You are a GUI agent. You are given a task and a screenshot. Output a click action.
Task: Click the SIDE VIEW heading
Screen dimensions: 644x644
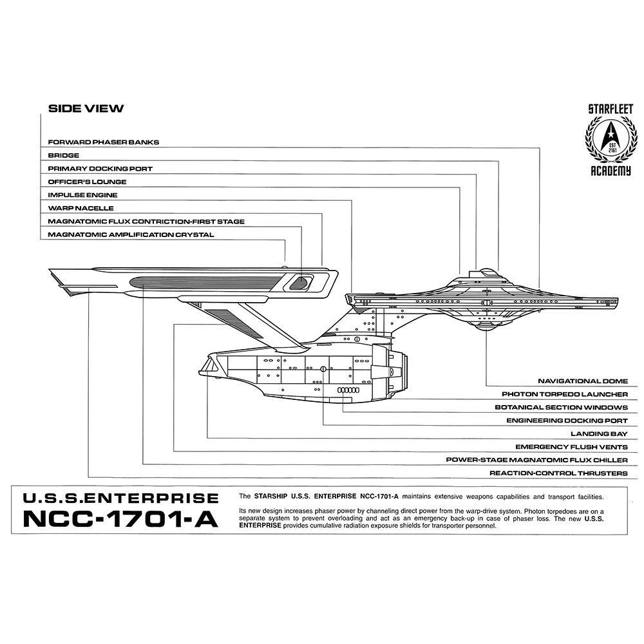tap(86, 109)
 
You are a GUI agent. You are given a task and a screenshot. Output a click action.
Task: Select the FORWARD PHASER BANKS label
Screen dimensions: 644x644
tap(103, 142)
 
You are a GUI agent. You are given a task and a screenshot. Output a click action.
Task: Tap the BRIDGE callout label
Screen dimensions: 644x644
tap(63, 155)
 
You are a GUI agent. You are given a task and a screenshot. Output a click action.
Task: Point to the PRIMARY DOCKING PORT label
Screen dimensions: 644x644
tap(100, 169)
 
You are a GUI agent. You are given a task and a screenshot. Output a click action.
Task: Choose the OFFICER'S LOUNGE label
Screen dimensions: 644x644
tap(87, 182)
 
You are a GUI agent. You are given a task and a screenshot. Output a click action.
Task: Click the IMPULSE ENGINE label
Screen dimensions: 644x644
tap(82, 195)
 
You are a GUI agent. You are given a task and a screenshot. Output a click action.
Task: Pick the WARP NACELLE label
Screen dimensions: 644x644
tap(80, 209)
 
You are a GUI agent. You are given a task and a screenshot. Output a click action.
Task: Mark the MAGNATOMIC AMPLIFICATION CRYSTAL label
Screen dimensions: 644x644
tap(131, 235)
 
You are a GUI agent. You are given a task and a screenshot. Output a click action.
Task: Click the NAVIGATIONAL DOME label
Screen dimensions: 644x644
tap(583, 381)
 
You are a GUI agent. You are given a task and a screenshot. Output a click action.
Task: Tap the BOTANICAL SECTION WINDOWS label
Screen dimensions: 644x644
tap(561, 408)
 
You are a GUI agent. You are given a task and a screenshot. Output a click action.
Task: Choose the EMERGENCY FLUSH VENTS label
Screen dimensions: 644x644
tap(571, 447)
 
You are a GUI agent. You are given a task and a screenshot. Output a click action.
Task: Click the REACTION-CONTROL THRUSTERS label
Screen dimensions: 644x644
tap(558, 473)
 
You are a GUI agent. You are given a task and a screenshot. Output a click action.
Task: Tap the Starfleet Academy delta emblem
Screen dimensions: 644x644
tap(609, 138)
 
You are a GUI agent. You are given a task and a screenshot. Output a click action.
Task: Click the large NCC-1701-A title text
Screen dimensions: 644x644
tap(120, 519)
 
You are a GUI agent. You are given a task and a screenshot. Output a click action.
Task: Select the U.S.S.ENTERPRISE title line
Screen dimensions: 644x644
tap(120, 498)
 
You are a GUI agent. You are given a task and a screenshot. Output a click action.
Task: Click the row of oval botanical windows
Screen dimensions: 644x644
tap(348, 391)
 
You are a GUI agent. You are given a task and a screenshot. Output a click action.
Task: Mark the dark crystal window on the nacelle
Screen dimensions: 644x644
tap(300, 281)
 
